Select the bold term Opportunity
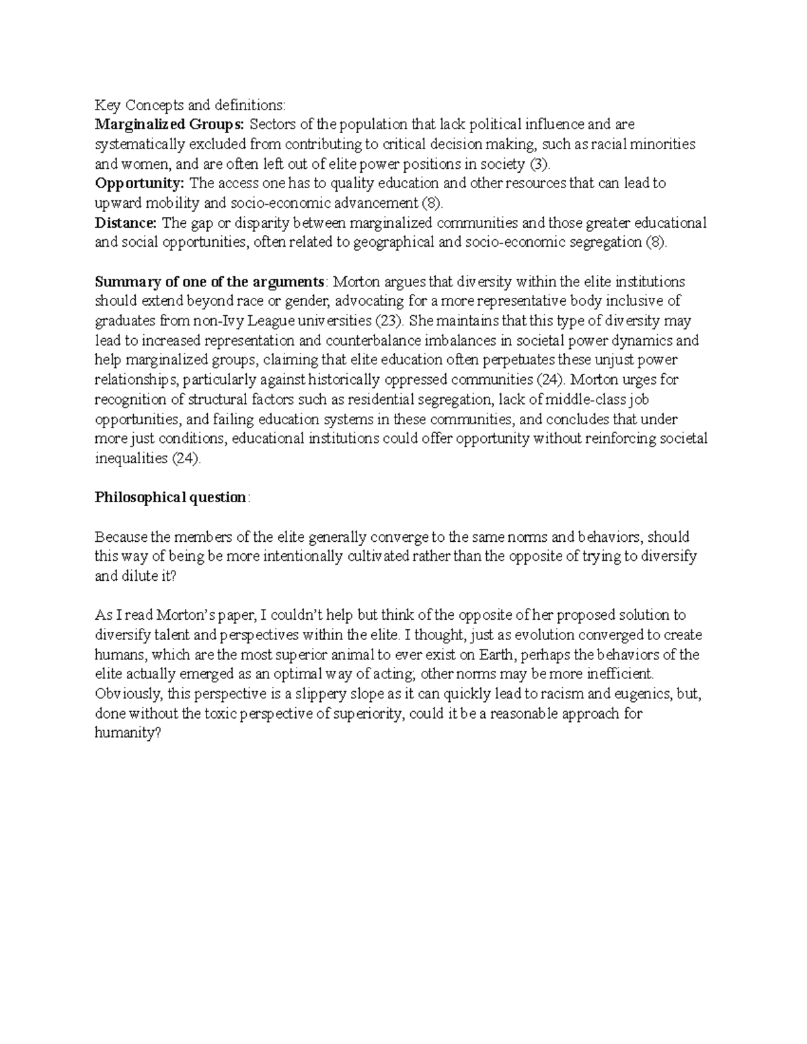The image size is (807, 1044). click(139, 184)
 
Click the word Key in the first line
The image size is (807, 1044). click(106, 105)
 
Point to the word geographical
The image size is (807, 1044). click(393, 243)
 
